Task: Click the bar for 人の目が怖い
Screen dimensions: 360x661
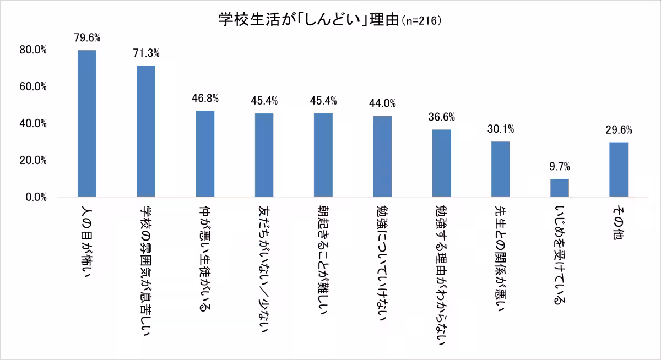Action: pos(87,123)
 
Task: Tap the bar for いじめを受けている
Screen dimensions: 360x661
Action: pos(560,188)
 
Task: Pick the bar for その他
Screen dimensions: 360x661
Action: pos(619,170)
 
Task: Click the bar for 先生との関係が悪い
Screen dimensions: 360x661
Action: pos(501,169)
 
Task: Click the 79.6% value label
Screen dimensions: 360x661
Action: pos(87,38)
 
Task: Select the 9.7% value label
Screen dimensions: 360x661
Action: pos(560,167)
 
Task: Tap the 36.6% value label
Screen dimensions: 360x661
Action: pos(441,117)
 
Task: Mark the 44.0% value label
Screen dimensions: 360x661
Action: pos(382,103)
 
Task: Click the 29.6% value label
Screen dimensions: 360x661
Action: pos(619,130)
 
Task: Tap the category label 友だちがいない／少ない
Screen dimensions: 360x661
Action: pos(264,264)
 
